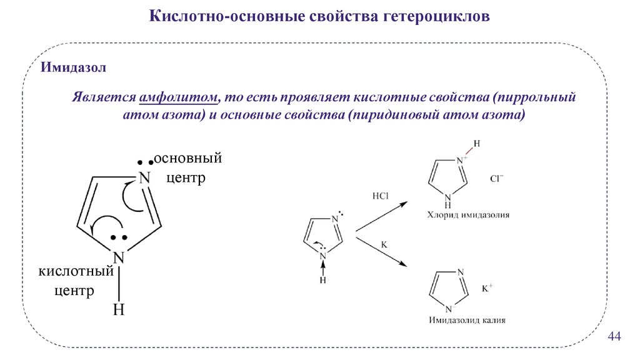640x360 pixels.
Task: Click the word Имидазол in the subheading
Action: [x=74, y=67]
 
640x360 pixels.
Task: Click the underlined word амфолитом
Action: [x=181, y=99]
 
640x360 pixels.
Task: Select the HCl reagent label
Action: [x=380, y=196]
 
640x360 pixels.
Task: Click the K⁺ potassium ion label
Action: [x=487, y=289]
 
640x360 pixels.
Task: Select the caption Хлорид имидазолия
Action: [x=468, y=215]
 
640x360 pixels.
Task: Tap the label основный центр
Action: [x=187, y=167]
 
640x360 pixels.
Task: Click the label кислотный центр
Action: [x=76, y=281]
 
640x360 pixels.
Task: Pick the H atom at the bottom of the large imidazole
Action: [x=119, y=309]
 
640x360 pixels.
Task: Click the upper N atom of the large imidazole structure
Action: [x=144, y=177]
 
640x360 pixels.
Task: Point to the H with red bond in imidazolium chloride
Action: [x=477, y=144]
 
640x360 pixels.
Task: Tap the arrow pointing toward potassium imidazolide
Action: [x=382, y=252]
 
